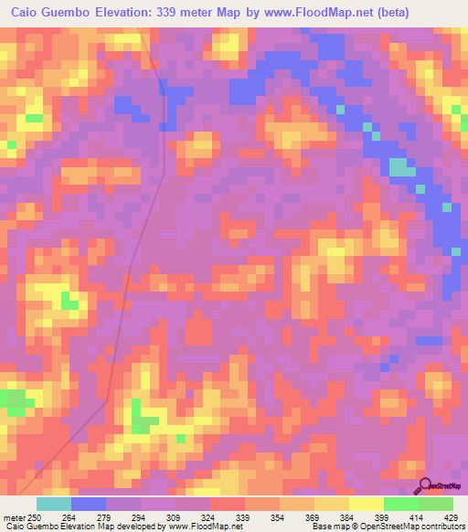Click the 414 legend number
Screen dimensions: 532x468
point(418,516)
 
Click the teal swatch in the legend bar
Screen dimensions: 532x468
point(54,504)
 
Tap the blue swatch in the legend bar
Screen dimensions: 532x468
point(89,504)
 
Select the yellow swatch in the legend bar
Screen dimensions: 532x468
point(366,504)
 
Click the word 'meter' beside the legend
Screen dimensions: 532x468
point(13,516)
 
